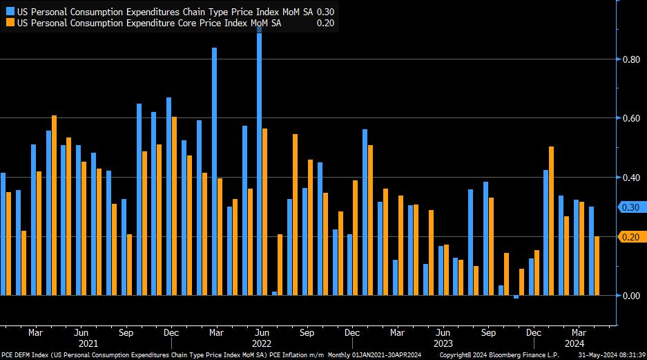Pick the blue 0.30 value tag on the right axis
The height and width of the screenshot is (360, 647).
pyautogui.click(x=630, y=207)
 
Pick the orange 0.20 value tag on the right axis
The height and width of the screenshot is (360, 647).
pyautogui.click(x=630, y=237)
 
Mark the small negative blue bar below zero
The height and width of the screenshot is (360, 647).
pyautogui.click(x=516, y=297)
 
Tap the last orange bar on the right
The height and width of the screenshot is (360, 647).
pyautogui.click(x=597, y=266)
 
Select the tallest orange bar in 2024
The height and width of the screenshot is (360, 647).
pyautogui.click(x=552, y=221)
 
